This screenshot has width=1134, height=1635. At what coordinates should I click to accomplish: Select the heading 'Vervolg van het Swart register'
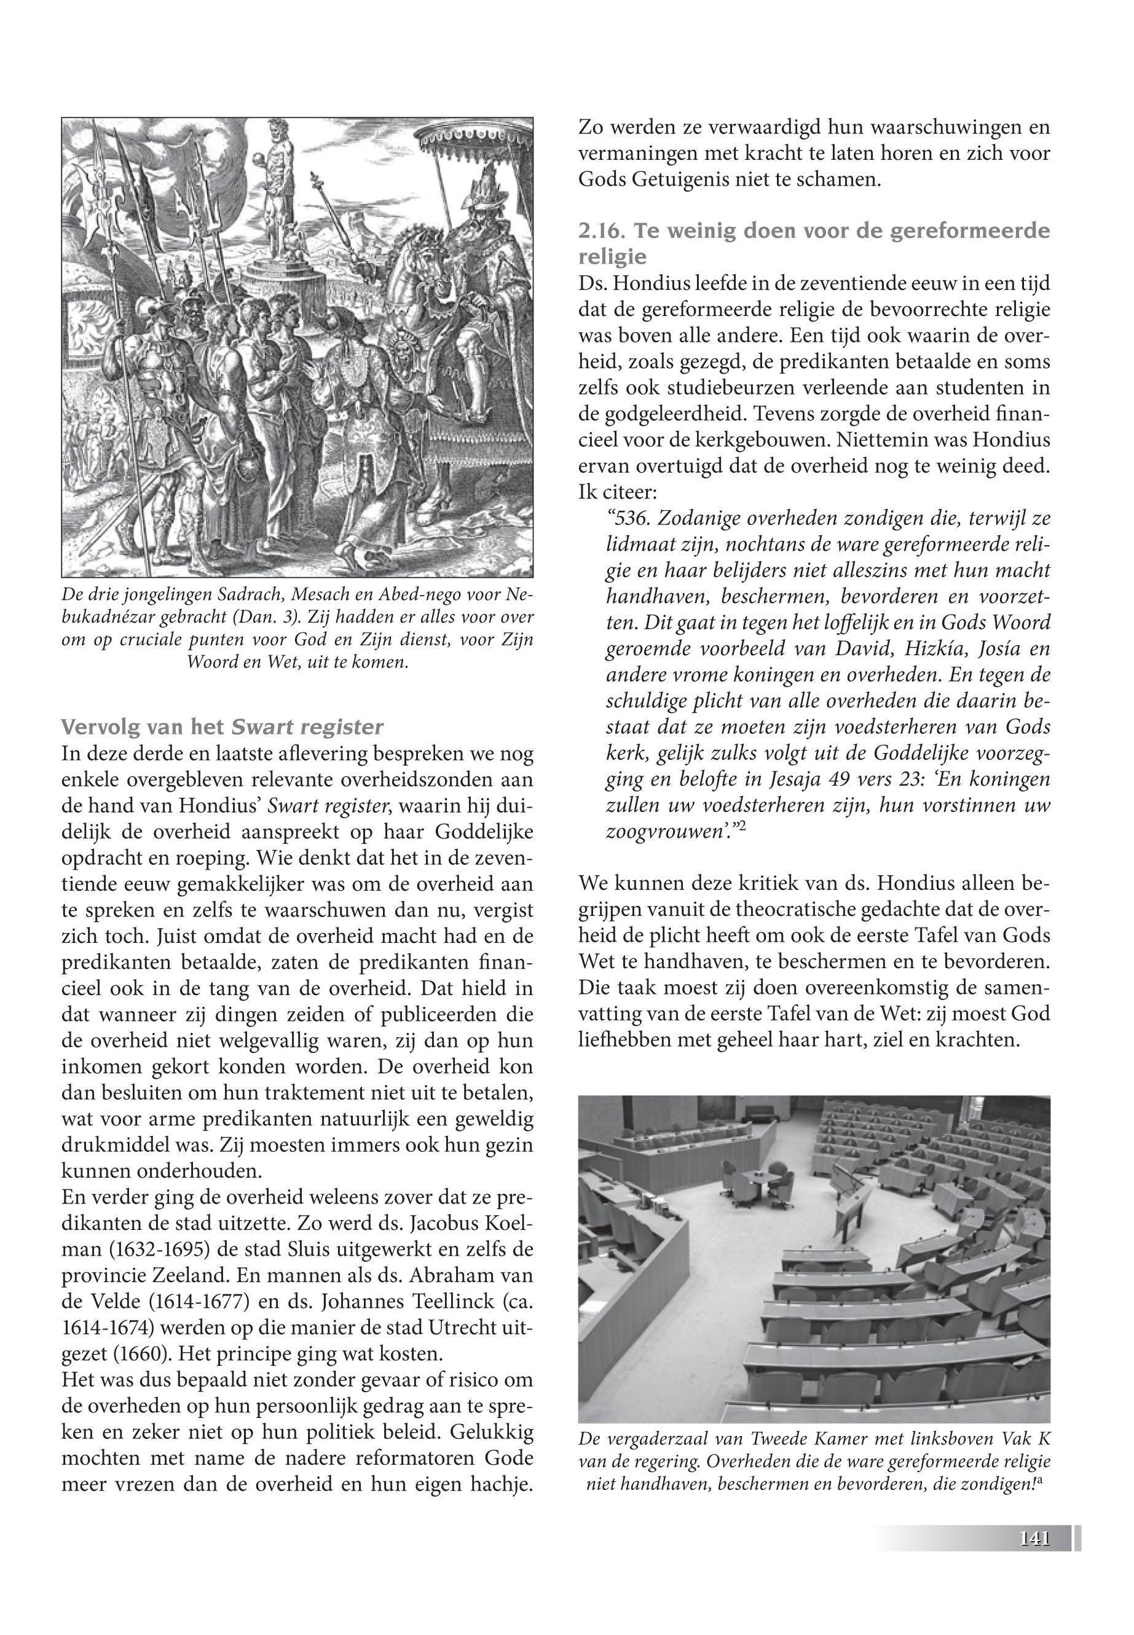point(222,728)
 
